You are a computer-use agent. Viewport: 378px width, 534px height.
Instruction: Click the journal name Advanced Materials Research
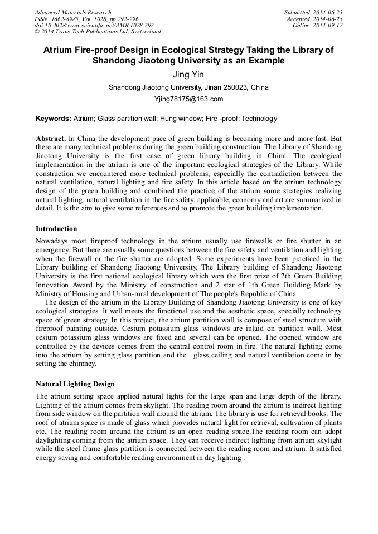coord(72,12)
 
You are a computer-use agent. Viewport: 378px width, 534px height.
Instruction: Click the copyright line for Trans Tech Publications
coord(98,32)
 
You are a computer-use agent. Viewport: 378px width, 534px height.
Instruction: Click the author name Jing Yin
coord(188,74)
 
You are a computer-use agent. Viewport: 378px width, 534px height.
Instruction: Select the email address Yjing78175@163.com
coord(188,99)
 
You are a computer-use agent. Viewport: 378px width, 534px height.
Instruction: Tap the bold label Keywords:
coord(54,119)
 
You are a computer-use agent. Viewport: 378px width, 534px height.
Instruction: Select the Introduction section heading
coord(56,229)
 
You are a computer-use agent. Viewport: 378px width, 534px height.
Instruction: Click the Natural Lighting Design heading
coord(75,384)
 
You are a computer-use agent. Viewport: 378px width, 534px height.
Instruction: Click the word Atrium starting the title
coord(59,50)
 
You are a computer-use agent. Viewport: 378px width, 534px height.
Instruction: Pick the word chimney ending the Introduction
coord(81,364)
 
